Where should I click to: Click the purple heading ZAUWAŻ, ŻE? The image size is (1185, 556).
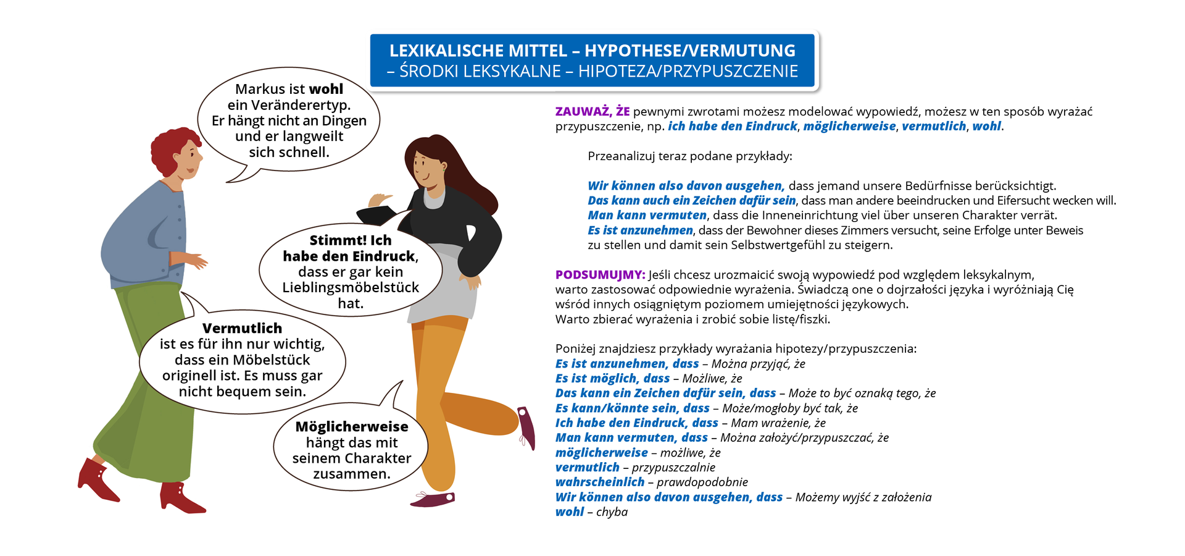(592, 112)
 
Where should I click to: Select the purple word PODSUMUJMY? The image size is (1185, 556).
(600, 275)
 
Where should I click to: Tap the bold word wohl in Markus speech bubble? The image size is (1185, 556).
(326, 90)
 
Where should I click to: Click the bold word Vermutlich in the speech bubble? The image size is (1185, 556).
(242, 329)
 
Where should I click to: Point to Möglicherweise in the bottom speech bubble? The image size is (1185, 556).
(351, 427)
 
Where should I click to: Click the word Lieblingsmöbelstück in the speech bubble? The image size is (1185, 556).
(350, 288)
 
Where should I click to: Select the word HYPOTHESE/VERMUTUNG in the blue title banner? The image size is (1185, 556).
(689, 51)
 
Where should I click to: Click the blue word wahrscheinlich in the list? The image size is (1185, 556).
(599, 482)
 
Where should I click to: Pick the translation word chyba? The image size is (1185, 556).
(612, 512)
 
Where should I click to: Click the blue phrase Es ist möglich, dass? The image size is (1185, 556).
(612, 378)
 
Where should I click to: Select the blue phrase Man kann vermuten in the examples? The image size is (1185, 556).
(647, 215)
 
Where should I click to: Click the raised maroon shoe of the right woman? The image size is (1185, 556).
(526, 426)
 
